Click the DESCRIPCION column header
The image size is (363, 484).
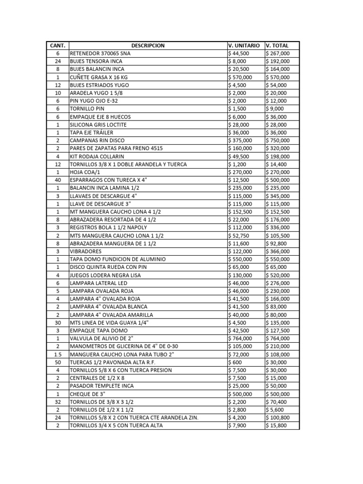[x=148, y=45]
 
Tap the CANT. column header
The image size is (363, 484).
[x=58, y=45]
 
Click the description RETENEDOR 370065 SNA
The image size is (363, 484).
[x=100, y=53]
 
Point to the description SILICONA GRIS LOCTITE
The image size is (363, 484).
[x=98, y=125]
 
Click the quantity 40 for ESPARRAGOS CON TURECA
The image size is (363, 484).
[x=58, y=180]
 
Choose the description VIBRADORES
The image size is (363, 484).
[x=86, y=251]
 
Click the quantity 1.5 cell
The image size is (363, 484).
[x=58, y=354]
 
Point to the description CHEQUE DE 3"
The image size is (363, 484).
[x=87, y=394]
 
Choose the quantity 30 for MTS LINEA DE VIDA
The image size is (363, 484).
[x=58, y=322]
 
